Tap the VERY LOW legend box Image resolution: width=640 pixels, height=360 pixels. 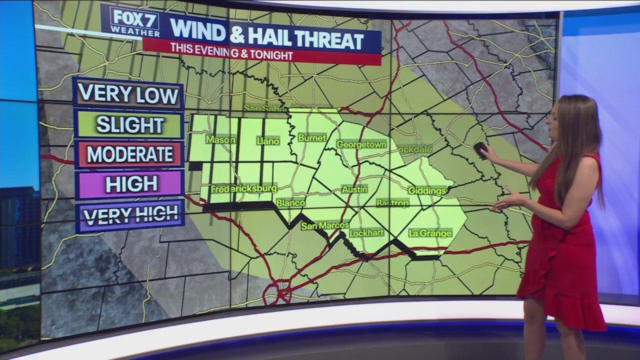pyautogui.click(x=128, y=93)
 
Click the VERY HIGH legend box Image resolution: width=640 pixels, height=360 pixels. pyautogui.click(x=130, y=215)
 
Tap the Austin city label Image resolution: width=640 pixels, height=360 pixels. pyautogui.click(x=354, y=189)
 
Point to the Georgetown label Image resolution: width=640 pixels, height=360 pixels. pyautogui.click(x=361, y=144)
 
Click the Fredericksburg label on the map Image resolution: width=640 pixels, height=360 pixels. pyautogui.click(x=243, y=189)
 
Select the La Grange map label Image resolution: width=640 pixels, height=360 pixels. pyautogui.click(x=430, y=233)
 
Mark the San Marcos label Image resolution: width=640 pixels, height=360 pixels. pyautogui.click(x=324, y=226)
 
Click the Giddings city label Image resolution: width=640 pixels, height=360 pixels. pyautogui.click(x=427, y=190)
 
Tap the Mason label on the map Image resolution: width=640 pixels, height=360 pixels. pyautogui.click(x=220, y=140)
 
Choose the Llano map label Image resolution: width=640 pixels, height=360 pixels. pyautogui.click(x=268, y=141)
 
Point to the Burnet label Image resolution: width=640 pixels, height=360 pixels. pyautogui.click(x=312, y=138)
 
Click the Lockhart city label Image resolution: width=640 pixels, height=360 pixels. pyautogui.click(x=366, y=233)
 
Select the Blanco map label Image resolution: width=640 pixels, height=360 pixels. pyautogui.click(x=291, y=203)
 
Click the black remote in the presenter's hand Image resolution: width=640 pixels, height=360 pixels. pyautogui.click(x=481, y=149)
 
